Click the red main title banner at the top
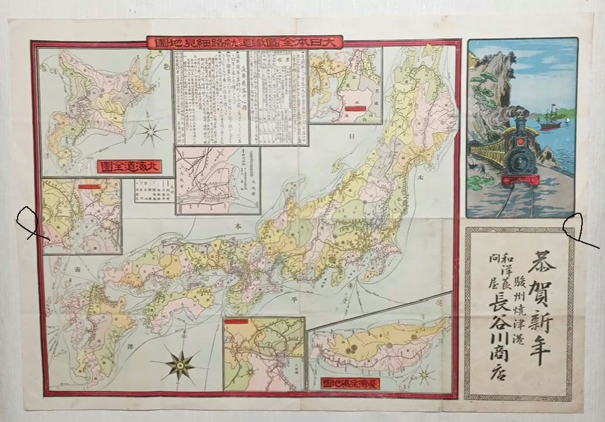[244, 43]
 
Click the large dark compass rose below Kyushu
[179, 365]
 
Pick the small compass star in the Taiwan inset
[426, 373]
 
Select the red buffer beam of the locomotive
[519, 178]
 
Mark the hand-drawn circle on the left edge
[28, 222]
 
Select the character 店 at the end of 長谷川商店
[490, 376]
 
